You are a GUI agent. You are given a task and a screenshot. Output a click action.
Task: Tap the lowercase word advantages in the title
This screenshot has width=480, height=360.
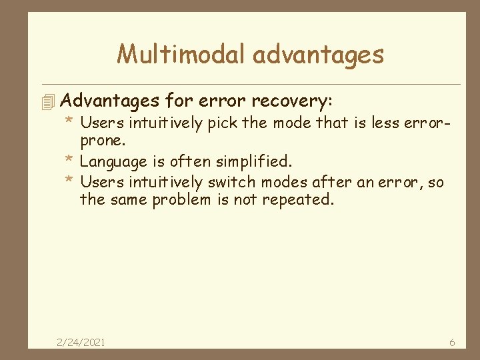(x=319, y=54)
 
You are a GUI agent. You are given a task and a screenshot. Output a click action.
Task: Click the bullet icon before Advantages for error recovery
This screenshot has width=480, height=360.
(x=46, y=102)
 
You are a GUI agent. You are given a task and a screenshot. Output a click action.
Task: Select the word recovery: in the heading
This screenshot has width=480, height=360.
(x=291, y=101)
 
